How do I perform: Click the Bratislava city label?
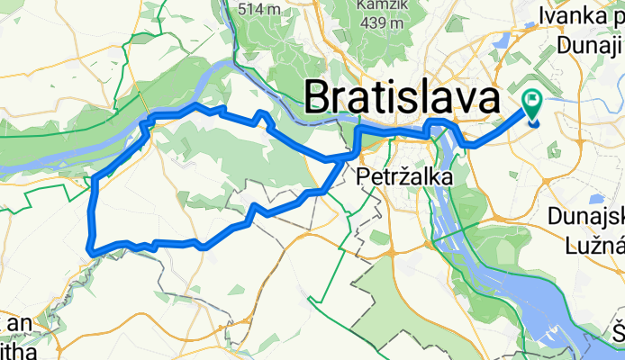[403, 96]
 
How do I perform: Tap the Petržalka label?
[404, 177]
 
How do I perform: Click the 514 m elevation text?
[260, 10]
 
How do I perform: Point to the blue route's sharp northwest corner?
[149, 118]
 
